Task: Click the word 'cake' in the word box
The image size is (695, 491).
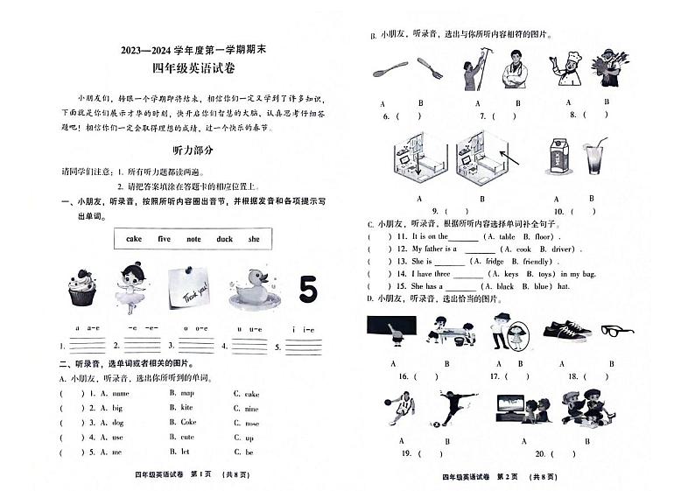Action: tap(134, 238)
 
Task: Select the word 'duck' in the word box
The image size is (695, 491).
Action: tap(225, 238)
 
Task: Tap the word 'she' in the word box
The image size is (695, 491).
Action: tap(254, 238)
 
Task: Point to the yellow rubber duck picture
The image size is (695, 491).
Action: tap(252, 287)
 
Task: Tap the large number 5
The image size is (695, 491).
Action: tap(307, 289)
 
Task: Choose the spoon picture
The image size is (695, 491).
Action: tap(390, 68)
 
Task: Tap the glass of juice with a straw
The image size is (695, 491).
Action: tap(595, 158)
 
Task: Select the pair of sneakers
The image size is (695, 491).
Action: tap(566, 331)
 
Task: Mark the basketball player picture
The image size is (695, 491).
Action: tap(400, 409)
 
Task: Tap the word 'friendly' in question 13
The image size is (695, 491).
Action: tap(537, 261)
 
